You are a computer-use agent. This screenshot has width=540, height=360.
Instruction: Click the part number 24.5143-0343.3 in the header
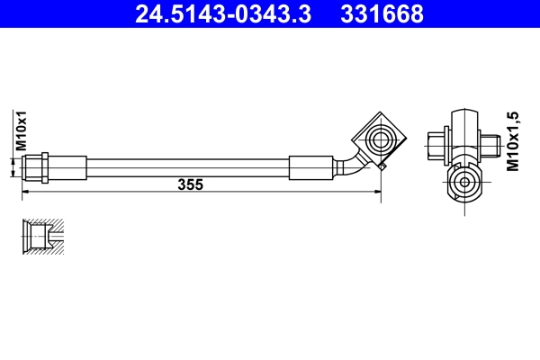[x=229, y=14]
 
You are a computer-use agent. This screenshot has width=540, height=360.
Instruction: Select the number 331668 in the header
[x=384, y=14]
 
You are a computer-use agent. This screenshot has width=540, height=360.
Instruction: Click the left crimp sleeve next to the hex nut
[x=69, y=166]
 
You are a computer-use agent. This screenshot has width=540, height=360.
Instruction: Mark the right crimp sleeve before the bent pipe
[x=312, y=166]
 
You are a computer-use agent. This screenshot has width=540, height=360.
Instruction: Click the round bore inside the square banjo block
[x=377, y=138]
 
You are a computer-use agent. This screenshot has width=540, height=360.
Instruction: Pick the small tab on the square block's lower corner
[x=382, y=166]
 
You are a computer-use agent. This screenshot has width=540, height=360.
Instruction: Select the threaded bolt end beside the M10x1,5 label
[x=490, y=142]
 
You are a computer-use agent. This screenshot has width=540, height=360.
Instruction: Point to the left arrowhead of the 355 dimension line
[x=25, y=192]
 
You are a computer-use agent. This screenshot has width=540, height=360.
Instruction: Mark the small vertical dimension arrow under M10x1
[x=13, y=166]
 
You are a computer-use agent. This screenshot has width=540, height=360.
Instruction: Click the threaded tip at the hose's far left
[x=28, y=166]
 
